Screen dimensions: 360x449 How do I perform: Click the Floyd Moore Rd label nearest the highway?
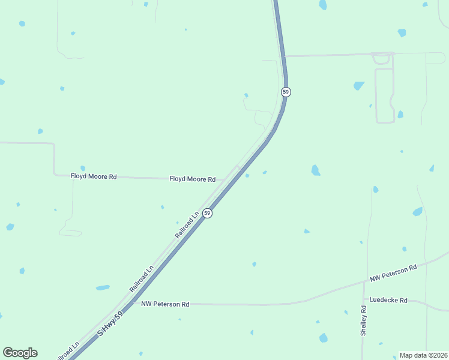coord(192,179)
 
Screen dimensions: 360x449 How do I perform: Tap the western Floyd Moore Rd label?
coord(93,177)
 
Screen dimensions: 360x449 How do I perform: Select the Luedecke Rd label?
coord(388,300)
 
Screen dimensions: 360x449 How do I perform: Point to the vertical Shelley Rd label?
coord(364,320)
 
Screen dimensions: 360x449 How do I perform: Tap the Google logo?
coord(20,353)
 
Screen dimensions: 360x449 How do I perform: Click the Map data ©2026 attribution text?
coord(423,355)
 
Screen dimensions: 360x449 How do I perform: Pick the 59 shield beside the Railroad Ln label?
coord(207,213)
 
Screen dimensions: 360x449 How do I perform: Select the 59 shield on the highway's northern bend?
coord(286,92)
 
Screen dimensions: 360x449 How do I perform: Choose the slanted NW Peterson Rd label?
coord(393,274)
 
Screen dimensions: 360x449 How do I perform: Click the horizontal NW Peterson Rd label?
coord(165,304)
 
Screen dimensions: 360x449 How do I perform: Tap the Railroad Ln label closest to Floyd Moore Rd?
coord(187,225)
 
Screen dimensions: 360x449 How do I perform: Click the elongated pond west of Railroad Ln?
coord(103,287)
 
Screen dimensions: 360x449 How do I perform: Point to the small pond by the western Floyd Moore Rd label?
coord(82,168)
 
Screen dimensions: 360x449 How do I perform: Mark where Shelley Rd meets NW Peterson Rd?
coord(364,282)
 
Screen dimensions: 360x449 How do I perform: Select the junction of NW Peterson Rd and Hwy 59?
coord(134,303)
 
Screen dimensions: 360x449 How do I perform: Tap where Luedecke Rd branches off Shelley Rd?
coord(364,299)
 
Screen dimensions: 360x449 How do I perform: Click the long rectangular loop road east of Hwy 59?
coord(384,96)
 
